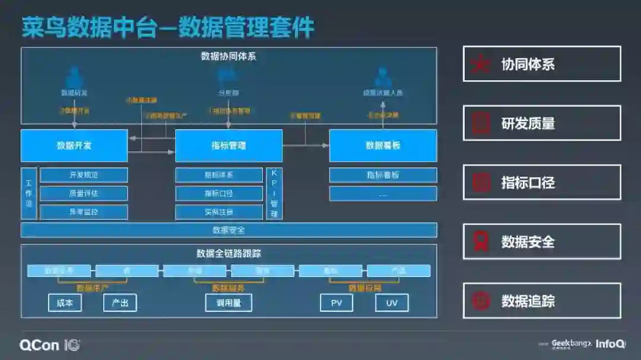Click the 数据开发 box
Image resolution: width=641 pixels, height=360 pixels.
tap(74, 145)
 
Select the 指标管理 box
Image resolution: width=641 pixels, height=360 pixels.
tap(229, 145)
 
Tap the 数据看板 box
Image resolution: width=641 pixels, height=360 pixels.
tap(383, 145)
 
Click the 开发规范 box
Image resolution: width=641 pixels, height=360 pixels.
tap(84, 175)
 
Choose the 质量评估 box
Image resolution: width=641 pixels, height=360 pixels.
tap(84, 193)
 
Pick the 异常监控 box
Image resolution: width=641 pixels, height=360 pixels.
tap(84, 212)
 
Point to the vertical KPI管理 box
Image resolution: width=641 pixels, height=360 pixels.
tap(274, 193)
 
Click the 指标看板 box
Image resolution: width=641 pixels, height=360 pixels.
tap(383, 175)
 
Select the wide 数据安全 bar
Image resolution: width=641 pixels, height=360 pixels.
tap(229, 230)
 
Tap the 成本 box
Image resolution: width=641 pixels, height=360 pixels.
tap(65, 303)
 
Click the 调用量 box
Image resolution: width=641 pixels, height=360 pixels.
tap(229, 303)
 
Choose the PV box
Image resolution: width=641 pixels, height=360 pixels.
tap(337, 303)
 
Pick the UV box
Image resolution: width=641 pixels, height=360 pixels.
tap(392, 303)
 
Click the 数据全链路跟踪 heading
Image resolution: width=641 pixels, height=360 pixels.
tap(229, 254)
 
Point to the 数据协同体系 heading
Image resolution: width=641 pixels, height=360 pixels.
tap(229, 57)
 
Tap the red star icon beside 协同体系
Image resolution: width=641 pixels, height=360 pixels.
tap(480, 64)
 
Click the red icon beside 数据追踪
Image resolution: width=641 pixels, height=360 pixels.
tap(480, 301)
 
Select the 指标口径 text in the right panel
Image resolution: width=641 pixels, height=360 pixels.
tap(528, 183)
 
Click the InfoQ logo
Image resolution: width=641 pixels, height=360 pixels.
tap(611, 344)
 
